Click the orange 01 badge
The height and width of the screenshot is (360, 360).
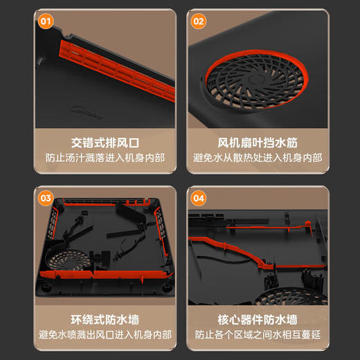click(x=46, y=21)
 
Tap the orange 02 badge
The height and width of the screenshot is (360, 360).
click(x=199, y=21)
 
